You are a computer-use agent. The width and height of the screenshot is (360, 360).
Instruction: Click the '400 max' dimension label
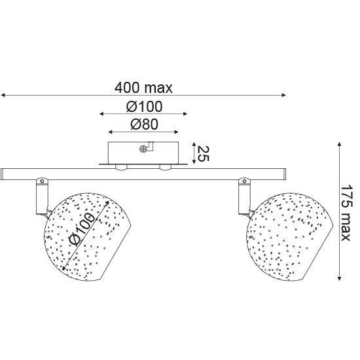point(143,88)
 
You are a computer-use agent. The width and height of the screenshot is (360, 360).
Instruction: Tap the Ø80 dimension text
point(145,124)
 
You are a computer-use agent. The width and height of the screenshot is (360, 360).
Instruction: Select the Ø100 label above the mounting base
point(145,107)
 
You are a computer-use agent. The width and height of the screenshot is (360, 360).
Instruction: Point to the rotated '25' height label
point(203,153)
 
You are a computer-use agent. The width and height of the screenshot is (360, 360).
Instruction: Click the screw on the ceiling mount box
point(143,149)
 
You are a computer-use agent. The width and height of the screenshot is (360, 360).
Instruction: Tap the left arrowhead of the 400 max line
point(3,95)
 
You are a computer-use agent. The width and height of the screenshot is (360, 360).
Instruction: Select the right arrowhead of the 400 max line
point(284,95)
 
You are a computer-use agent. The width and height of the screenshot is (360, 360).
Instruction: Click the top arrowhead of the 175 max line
point(339,144)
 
